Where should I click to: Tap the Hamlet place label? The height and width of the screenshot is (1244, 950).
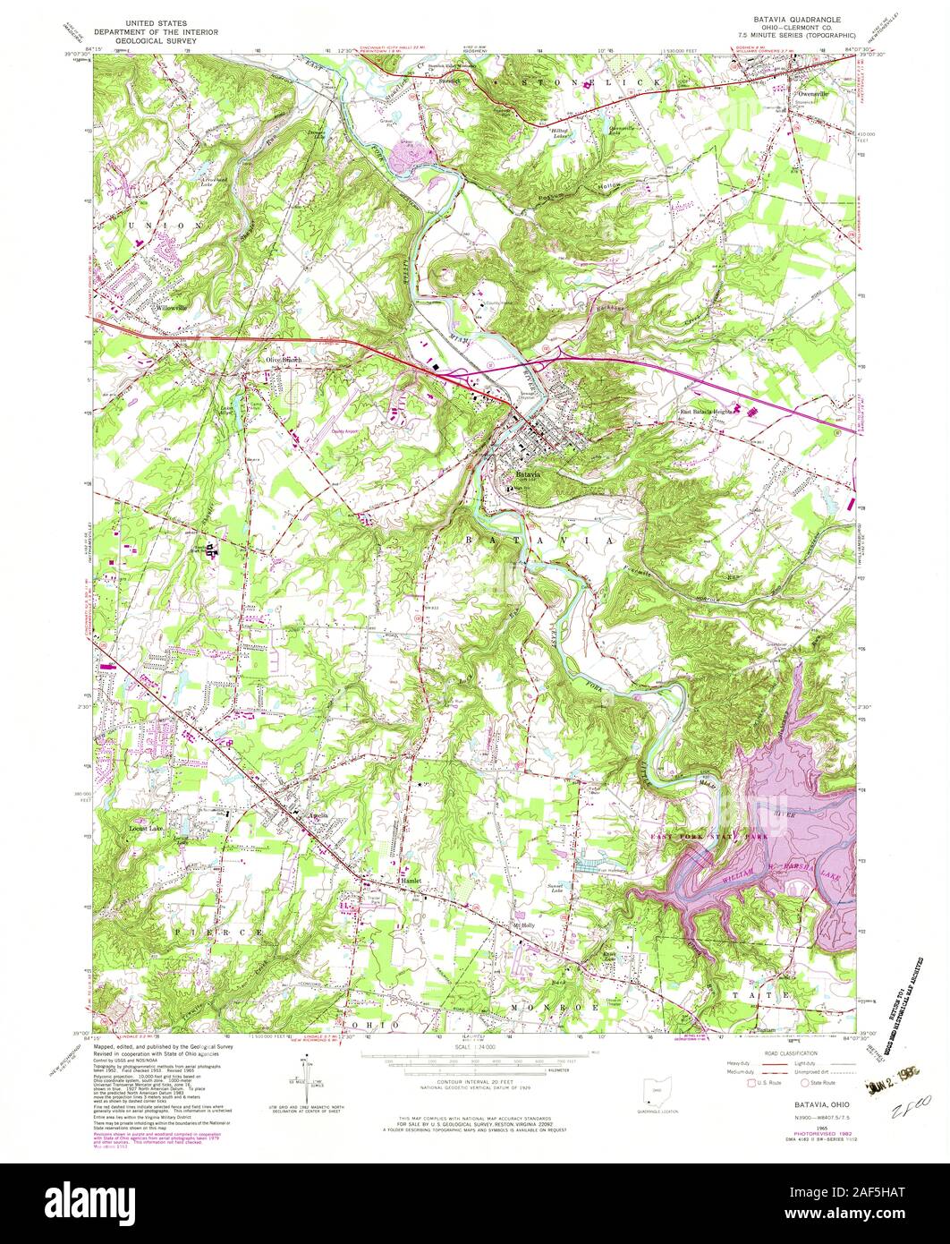[x=411, y=881]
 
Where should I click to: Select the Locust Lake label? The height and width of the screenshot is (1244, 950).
[x=146, y=829]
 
